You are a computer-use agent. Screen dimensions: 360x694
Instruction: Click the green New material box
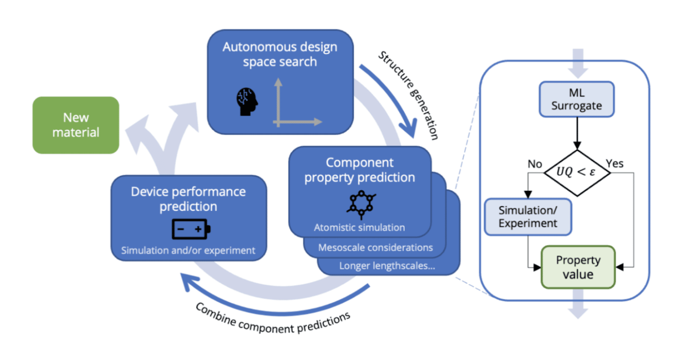[75, 125]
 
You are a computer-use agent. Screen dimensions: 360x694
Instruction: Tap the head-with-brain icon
[247, 102]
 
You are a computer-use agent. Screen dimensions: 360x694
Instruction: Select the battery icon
[191, 229]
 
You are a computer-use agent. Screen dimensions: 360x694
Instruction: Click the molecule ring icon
[361, 205]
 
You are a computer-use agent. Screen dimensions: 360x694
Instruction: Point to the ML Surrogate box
[577, 99]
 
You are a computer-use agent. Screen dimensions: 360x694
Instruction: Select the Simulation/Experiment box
[528, 217]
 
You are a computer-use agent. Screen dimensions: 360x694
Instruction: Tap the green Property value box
[578, 267]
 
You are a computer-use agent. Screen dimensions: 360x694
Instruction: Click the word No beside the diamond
[535, 164]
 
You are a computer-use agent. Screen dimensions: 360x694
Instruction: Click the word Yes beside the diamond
[614, 164]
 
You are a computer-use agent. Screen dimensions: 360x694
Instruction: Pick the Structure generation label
[408, 94]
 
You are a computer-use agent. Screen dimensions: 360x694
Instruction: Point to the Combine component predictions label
[273, 319]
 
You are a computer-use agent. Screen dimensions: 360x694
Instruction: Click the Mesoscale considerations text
[375, 248]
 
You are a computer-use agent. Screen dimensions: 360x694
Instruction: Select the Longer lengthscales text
[387, 266]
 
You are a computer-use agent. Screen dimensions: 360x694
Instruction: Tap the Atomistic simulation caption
[359, 228]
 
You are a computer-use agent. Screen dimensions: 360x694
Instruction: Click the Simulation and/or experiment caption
[188, 250]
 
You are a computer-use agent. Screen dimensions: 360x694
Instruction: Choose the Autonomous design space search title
[280, 54]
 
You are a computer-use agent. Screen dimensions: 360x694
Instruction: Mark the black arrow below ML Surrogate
[577, 133]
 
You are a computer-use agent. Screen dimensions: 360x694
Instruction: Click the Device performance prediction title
[188, 199]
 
